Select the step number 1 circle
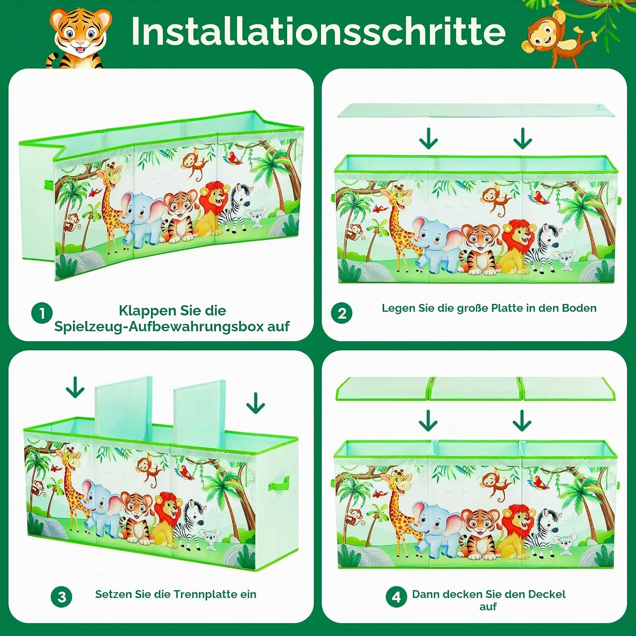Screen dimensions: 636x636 (42, 313)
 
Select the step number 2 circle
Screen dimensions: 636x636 (342, 313)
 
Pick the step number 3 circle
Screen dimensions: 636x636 (61, 597)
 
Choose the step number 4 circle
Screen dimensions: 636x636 (396, 597)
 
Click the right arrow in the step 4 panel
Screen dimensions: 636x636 (522, 421)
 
